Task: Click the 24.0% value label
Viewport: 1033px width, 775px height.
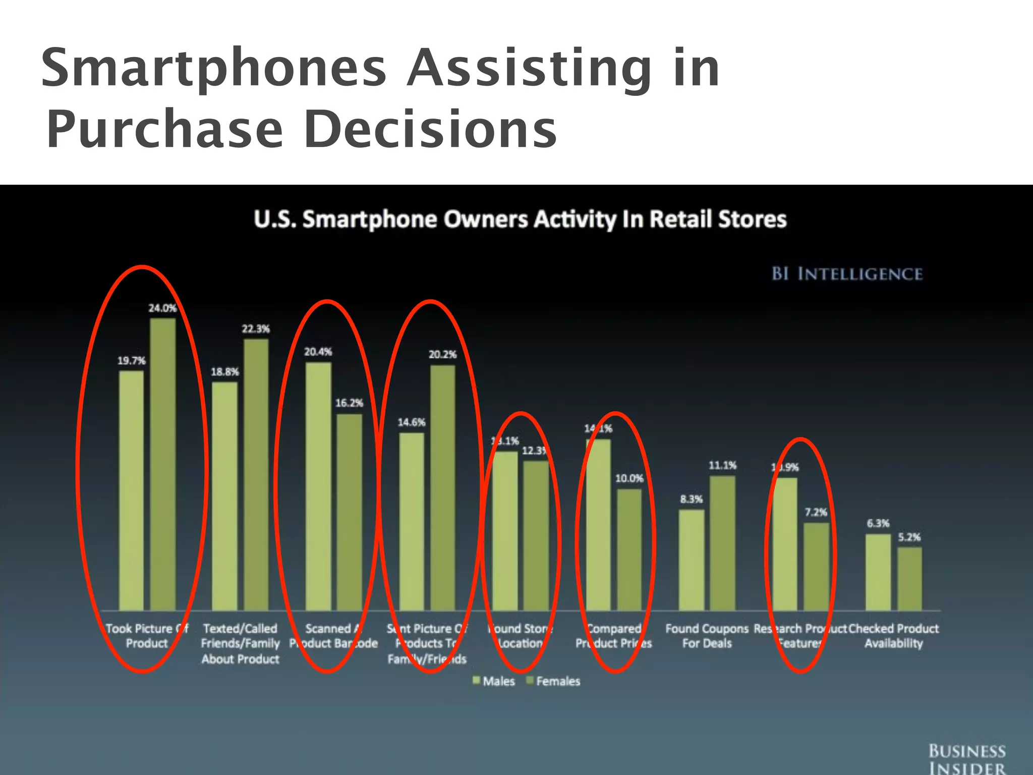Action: (x=162, y=308)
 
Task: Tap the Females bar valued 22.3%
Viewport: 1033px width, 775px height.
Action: (x=256, y=474)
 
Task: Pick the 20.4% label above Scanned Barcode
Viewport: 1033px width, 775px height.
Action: (x=318, y=352)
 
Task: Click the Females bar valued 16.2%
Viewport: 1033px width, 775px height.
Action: (x=350, y=512)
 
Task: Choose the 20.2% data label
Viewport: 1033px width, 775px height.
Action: (x=442, y=354)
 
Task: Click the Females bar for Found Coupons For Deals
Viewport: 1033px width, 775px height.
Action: (x=722, y=543)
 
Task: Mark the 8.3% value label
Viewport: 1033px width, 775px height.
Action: (x=691, y=499)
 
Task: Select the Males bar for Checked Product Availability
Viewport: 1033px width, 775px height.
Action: (x=878, y=572)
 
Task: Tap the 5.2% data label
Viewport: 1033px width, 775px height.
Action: (x=909, y=537)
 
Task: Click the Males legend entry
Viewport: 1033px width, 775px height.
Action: (x=494, y=681)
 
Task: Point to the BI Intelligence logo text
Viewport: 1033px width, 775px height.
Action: (x=847, y=274)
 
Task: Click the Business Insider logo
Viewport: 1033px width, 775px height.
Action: (x=967, y=759)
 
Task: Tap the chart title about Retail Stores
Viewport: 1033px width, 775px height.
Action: (x=520, y=219)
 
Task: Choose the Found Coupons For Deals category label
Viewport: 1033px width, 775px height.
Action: (x=707, y=636)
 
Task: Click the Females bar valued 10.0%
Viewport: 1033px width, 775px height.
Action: (x=629, y=549)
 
